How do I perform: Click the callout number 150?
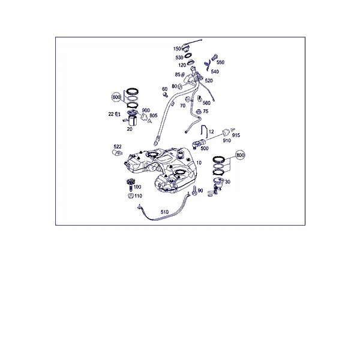(177, 49)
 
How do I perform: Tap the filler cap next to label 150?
(185, 48)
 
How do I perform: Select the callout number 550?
(220, 62)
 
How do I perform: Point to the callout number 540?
(215, 71)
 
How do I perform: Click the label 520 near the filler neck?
(209, 80)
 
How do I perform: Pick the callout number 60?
(164, 89)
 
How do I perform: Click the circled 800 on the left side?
(116, 97)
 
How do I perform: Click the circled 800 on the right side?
(240, 155)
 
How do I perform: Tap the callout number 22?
(111, 114)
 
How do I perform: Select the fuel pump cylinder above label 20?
(133, 121)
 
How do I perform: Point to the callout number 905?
(154, 115)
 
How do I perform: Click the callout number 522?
(118, 146)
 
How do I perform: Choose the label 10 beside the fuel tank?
(199, 163)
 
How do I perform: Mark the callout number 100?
(137, 187)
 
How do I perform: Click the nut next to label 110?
(131, 196)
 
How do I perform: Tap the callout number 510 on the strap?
(164, 212)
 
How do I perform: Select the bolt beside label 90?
(194, 191)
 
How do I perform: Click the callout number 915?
(236, 135)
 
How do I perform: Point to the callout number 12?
(211, 131)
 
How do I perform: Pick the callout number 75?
(205, 112)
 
